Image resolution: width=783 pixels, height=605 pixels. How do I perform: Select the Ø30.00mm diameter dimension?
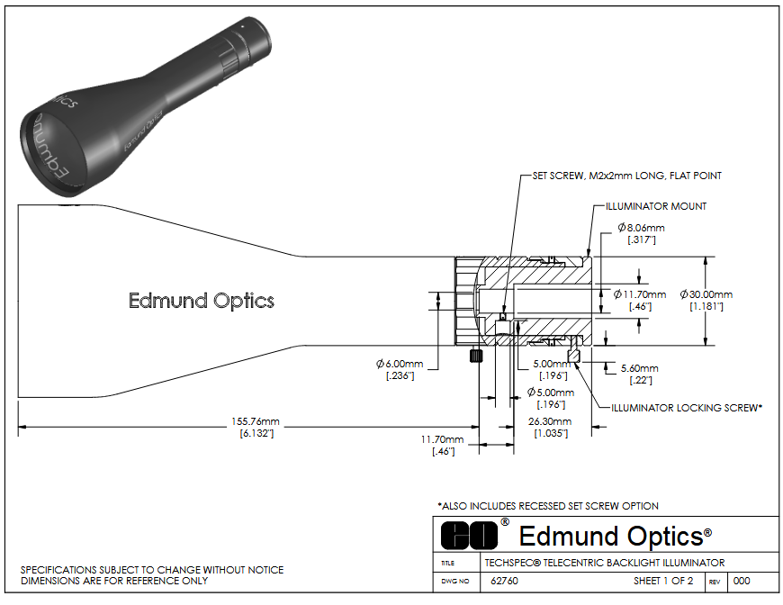point(706,294)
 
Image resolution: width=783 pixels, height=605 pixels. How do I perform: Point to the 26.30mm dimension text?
point(549,421)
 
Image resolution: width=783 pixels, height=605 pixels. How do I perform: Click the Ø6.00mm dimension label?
point(400,363)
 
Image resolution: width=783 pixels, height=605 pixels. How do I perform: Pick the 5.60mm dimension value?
point(639,368)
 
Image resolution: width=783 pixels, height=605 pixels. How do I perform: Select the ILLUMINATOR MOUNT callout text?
point(656,206)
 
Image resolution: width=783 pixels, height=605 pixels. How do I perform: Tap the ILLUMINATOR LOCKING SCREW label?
point(687,408)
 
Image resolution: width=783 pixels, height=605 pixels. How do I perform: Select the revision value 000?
point(742,581)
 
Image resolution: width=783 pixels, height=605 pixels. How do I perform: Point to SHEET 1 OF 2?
point(662,581)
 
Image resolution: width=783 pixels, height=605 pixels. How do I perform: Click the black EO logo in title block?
point(469,535)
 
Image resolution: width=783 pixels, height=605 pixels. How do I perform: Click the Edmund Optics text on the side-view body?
point(202,301)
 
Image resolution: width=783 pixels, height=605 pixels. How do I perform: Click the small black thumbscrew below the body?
point(472,357)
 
